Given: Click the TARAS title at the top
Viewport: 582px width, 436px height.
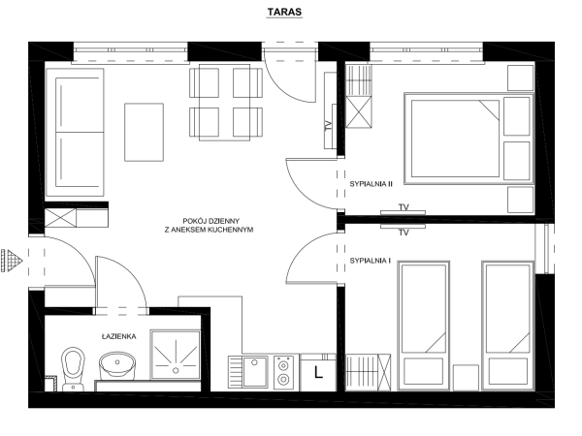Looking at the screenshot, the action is click(284, 12).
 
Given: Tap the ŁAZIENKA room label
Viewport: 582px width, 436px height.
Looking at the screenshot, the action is click(118, 336).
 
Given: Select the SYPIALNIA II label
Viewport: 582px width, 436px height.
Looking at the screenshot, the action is click(371, 184).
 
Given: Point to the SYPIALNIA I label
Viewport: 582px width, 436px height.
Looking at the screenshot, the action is click(371, 261).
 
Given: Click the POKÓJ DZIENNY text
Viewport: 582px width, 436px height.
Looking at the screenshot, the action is click(211, 221).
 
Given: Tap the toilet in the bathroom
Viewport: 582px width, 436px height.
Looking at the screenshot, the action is click(73, 368).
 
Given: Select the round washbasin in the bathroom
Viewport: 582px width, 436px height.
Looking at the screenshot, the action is click(117, 365).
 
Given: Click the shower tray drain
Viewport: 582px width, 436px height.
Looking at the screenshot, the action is click(176, 370).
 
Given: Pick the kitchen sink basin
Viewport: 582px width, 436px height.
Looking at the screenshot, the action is click(254, 371).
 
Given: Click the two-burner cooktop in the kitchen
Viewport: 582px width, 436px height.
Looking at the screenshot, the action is click(283, 372).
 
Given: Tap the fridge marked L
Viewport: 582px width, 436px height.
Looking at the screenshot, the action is click(318, 373).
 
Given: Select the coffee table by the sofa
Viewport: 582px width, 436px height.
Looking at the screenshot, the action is click(144, 133).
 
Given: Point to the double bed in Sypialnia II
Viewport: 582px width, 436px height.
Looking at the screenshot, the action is click(469, 139).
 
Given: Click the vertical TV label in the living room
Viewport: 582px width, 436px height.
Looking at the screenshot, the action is click(328, 126).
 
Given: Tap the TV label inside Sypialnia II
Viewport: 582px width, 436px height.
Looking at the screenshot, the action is click(404, 207).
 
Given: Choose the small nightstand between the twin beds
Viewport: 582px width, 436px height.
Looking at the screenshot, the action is click(466, 378).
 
